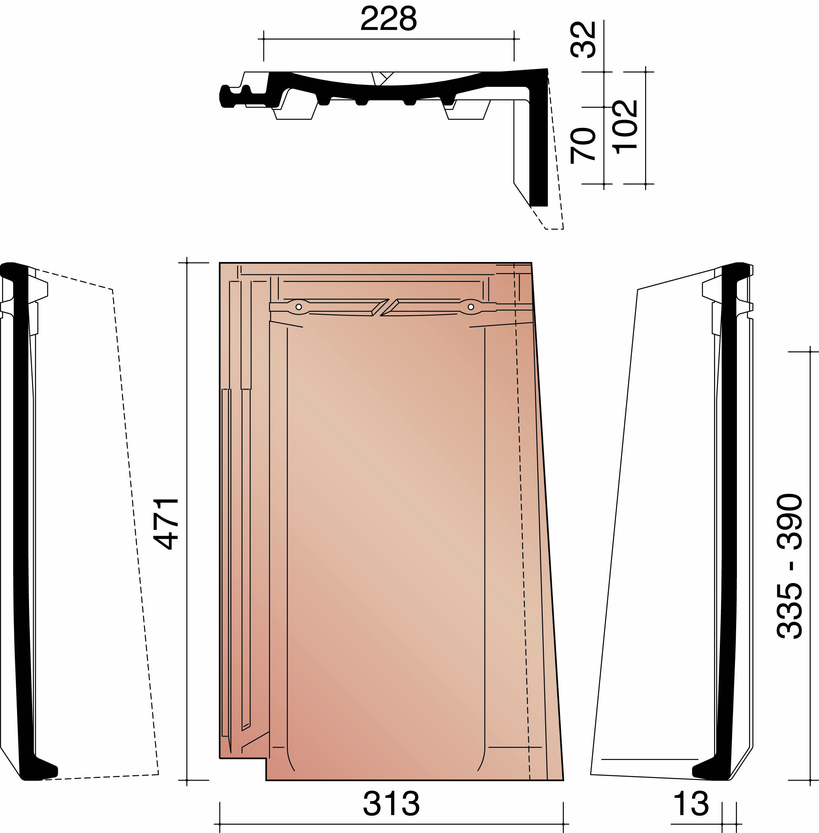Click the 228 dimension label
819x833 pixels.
pos(388,19)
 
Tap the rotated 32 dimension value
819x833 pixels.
pos(583,40)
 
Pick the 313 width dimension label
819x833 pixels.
pos(391,804)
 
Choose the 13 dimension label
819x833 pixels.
pos(690,804)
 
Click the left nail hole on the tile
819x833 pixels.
pos(299,307)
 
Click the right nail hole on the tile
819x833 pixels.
pos(470,307)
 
